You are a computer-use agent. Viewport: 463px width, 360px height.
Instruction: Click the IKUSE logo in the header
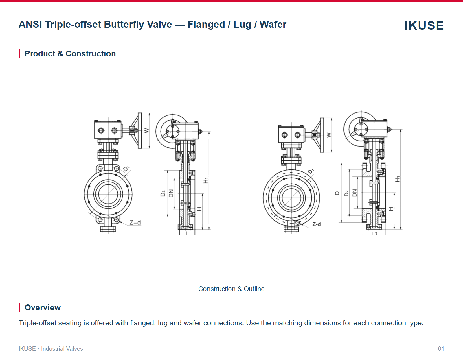[424, 25]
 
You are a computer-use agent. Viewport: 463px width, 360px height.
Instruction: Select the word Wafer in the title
[273, 24]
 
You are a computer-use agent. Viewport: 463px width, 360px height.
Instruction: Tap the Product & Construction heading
[70, 54]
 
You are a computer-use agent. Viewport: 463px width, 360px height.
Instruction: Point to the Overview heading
[43, 308]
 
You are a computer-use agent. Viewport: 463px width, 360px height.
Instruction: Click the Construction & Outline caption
[231, 289]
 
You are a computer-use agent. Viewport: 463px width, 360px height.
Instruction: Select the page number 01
[441, 349]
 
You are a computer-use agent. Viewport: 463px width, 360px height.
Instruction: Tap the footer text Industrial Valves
[62, 349]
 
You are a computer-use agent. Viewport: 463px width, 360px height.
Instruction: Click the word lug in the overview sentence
[163, 323]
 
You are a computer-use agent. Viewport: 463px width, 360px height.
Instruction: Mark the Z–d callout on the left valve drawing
[135, 222]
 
